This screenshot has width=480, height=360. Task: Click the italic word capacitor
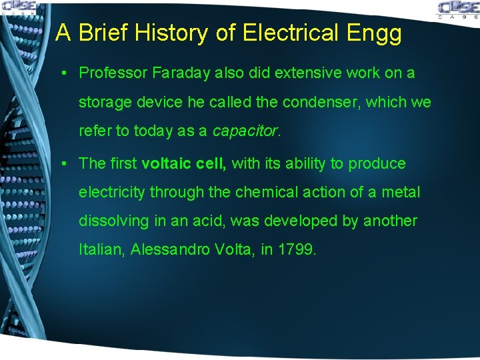coord(245,131)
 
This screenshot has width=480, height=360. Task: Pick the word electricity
coord(111,193)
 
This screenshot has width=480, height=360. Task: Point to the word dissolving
coord(111,221)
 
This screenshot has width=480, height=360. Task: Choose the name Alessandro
coord(170,250)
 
